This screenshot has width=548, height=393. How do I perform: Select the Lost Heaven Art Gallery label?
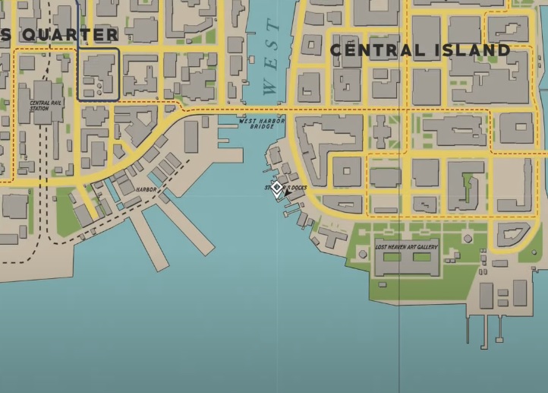point(406,246)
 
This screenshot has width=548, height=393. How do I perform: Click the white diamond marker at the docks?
point(278,187)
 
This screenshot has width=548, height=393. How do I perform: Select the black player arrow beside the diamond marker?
point(287,194)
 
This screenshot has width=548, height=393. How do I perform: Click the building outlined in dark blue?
point(99,74)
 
